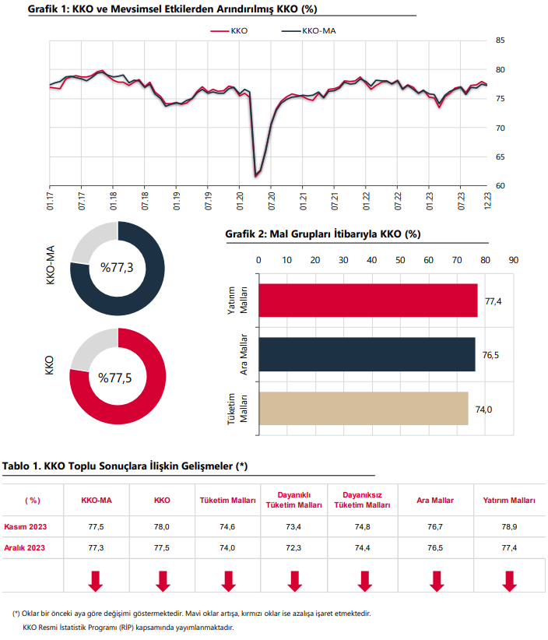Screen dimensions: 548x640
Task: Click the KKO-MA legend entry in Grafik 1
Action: click(x=308, y=31)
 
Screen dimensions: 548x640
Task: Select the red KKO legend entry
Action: click(x=229, y=31)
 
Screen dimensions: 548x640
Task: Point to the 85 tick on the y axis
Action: click(x=500, y=40)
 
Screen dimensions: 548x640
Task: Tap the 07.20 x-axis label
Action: click(x=272, y=201)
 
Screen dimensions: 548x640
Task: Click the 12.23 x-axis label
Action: click(x=487, y=201)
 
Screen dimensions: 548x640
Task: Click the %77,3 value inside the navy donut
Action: click(x=117, y=268)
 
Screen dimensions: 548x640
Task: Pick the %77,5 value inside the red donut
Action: click(x=115, y=378)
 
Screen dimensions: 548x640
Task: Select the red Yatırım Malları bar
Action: click(x=368, y=301)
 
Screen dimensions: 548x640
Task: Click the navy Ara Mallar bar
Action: click(x=367, y=354)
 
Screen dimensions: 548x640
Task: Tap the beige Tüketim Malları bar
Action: click(x=364, y=409)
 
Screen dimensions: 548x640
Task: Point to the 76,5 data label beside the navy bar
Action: click(x=490, y=355)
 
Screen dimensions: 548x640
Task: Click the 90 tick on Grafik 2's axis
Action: click(x=513, y=260)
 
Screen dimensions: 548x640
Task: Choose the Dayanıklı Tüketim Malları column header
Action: click(x=293, y=500)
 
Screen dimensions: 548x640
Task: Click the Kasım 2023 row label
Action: click(x=26, y=527)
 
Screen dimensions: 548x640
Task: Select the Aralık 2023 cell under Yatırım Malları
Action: click(x=509, y=548)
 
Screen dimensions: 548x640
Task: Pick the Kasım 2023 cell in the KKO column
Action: click(x=162, y=527)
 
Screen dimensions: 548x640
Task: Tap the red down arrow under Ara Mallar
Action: click(x=437, y=582)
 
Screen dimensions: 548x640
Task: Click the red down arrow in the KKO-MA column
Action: click(x=96, y=582)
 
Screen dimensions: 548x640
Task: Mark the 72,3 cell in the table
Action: click(x=293, y=548)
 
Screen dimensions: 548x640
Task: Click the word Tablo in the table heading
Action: click(x=16, y=466)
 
